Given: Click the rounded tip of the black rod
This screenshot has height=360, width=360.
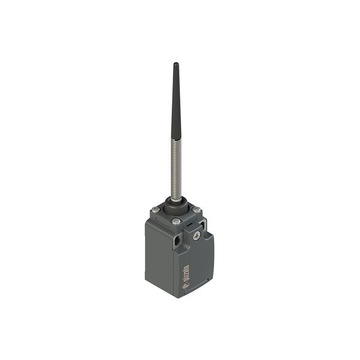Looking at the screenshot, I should pyautogui.click(x=176, y=64).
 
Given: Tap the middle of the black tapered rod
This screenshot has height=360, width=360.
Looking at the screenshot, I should pyautogui.click(x=176, y=102).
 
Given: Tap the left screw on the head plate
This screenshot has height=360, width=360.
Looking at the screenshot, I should pyautogui.click(x=156, y=209).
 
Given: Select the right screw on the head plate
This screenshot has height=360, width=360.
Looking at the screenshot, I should pyautogui.click(x=196, y=209).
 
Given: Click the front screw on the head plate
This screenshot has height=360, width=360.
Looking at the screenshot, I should pyautogui.click(x=176, y=221).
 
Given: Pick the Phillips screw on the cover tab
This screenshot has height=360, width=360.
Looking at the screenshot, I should pyautogui.click(x=196, y=236).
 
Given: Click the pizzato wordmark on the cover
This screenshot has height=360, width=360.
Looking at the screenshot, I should pyautogui.click(x=186, y=268).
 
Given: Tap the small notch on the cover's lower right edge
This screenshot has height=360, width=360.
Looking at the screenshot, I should pyautogui.click(x=208, y=280).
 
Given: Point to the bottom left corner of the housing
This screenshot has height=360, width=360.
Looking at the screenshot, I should pyautogui.click(x=146, y=279).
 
